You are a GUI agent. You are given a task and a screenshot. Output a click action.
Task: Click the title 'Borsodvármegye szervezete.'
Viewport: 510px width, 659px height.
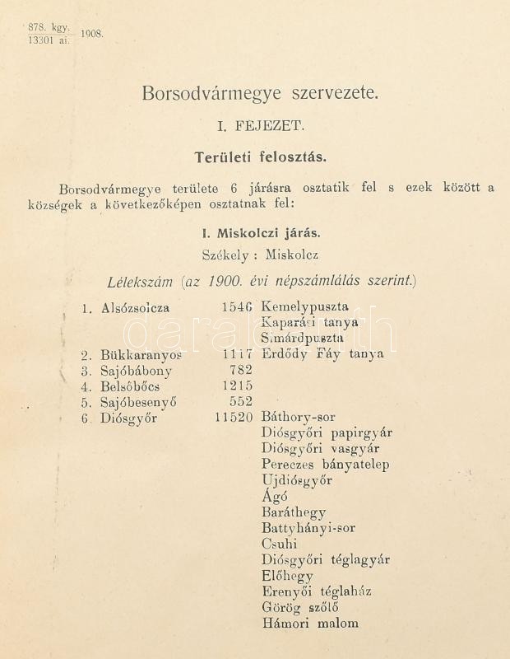tap(261, 93)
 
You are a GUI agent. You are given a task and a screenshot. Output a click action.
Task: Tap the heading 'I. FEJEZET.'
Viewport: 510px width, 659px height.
tap(261, 126)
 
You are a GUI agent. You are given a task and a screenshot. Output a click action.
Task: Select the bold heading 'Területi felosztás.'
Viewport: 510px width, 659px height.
tap(261, 156)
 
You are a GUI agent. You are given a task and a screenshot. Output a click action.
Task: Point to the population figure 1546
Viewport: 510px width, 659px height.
tap(237, 307)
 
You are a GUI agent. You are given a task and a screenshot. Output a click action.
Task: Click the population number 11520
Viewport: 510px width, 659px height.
tap(232, 418)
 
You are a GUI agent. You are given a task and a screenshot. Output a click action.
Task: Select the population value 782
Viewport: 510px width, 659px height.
tap(242, 371)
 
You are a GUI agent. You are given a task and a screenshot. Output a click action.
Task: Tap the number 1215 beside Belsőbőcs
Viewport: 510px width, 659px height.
tap(237, 386)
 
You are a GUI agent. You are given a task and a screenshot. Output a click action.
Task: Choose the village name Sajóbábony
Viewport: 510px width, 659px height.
tap(137, 371)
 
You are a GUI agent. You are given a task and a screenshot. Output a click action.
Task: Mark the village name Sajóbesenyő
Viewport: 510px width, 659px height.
tap(139, 402)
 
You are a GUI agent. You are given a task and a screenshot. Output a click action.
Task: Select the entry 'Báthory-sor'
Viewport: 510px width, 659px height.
tap(298, 418)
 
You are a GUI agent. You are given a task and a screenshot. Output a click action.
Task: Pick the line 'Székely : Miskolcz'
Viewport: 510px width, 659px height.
tap(261, 255)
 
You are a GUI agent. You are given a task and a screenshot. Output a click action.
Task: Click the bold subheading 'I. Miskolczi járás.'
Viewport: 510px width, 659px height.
tap(261, 232)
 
